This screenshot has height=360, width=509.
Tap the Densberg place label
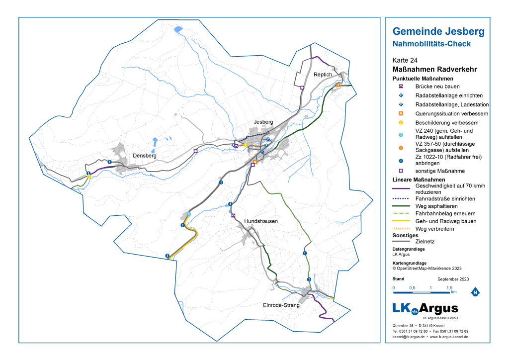pyautogui.click(x=145, y=156)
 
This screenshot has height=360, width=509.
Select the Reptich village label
pyautogui.click(x=323, y=74)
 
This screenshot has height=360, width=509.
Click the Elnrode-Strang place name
pyautogui.click(x=282, y=305)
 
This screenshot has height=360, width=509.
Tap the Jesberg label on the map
pyautogui.click(x=263, y=122)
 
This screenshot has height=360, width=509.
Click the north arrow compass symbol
pyautogui.click(x=475, y=292)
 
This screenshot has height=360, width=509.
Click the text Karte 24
pyautogui.click(x=405, y=60)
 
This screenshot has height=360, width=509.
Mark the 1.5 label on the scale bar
pyautogui.click(x=448, y=288)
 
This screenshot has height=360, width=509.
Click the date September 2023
pyautogui.click(x=453, y=279)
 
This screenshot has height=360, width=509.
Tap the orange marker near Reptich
pyautogui.click(x=338, y=85)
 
